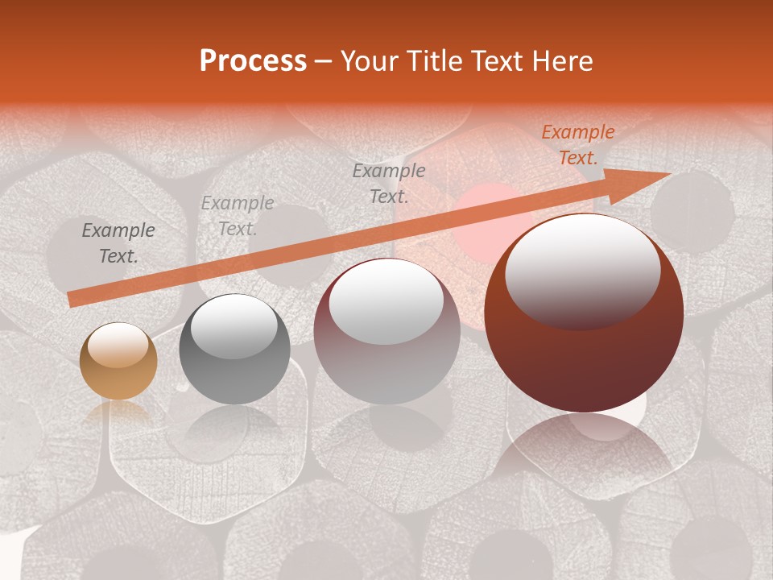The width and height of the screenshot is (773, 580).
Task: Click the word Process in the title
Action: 253,61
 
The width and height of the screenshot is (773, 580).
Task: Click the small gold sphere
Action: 118,361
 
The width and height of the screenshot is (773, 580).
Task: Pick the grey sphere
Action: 234,349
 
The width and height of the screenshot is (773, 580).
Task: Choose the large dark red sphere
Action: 584,314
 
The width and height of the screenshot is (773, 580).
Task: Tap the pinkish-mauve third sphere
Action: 386,332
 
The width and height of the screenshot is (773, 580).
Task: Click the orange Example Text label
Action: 577,145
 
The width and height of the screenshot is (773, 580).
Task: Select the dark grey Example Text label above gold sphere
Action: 118,243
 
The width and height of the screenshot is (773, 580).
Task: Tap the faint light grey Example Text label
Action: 237,216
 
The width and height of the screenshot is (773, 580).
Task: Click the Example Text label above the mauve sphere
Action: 389,183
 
